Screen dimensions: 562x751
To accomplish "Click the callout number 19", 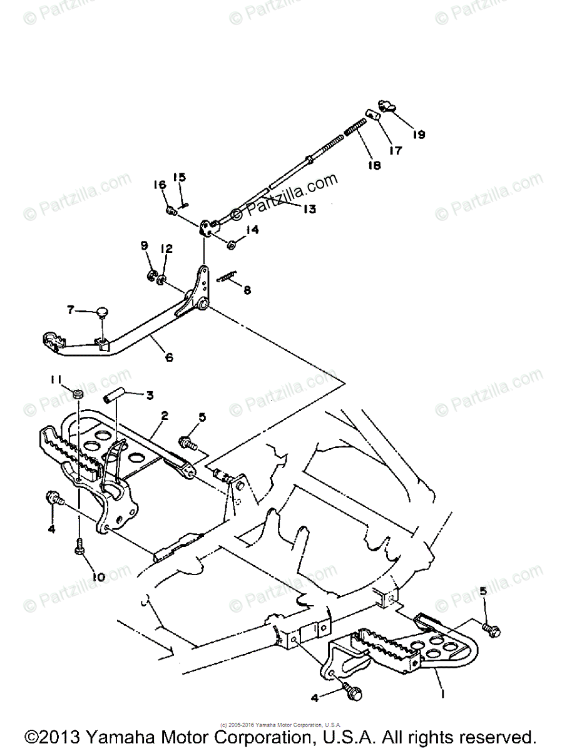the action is coord(418,134).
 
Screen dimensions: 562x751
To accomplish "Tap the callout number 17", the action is coord(395,150).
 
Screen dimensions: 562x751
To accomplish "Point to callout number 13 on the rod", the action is coord(309,208).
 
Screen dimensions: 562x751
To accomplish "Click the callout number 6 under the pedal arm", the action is coord(169,357).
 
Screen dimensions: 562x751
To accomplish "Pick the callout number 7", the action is coord(71,309).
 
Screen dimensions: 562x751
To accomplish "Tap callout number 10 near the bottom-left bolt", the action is coord(98,576).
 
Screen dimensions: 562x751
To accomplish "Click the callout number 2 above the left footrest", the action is coord(165,415).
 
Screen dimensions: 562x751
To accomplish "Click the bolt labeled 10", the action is coord(79,548).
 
